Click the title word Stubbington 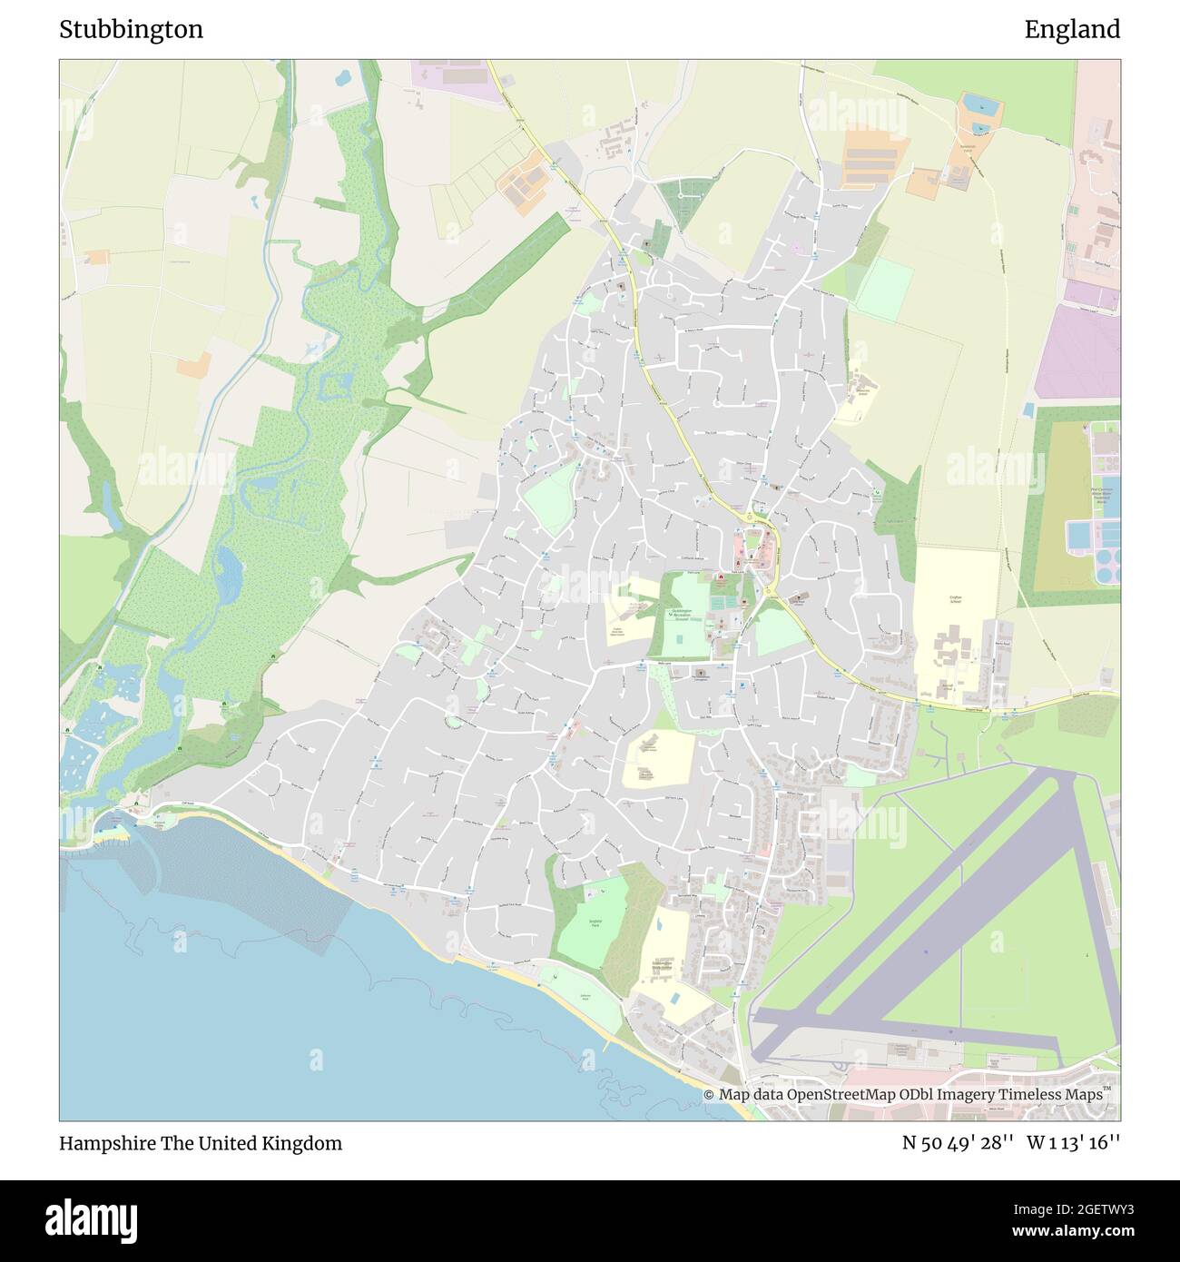tap(131, 30)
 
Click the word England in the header tap(1072, 30)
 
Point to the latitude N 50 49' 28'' tap(957, 1143)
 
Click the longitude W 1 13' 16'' tap(1074, 1143)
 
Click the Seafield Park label tap(591, 923)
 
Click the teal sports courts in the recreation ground tap(723, 602)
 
